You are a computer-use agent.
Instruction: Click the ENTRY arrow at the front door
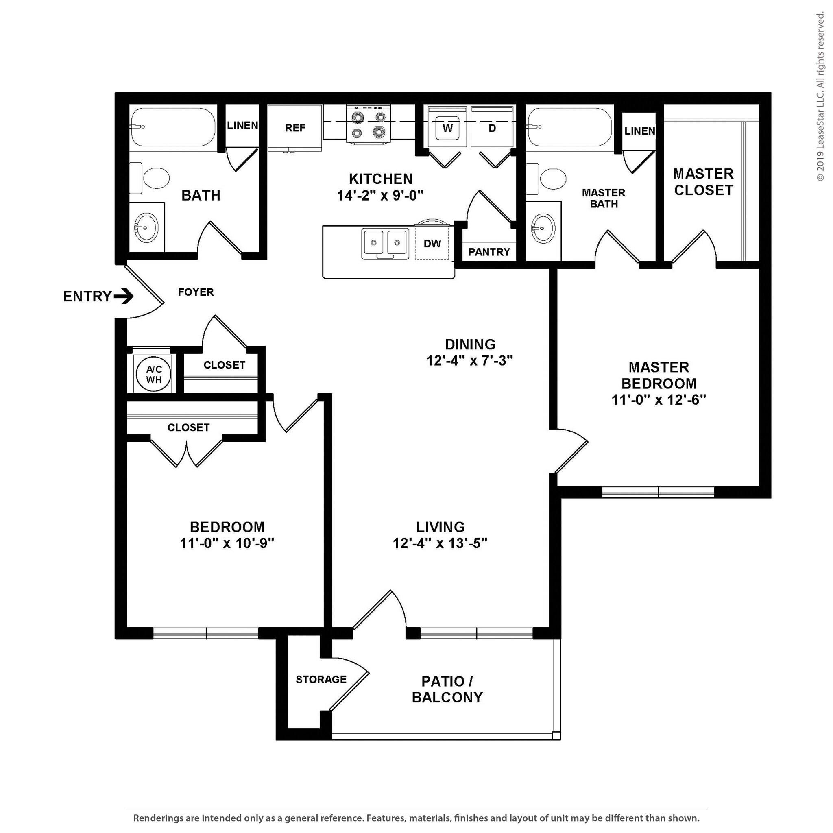pos(124,297)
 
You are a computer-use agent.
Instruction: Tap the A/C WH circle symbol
pos(154,374)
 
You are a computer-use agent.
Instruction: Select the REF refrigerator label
pos(295,128)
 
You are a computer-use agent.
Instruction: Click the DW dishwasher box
pos(432,244)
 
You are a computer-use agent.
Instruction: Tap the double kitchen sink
pos(386,244)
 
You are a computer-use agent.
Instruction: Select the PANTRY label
pos(489,252)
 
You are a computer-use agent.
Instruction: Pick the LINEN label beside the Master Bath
pos(639,131)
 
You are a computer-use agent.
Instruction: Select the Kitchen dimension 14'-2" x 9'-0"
pos(380,196)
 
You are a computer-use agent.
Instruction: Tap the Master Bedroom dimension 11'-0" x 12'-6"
pos(659,400)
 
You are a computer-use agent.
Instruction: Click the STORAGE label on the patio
pos(321,680)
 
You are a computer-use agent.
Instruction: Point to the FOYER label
pos(196,292)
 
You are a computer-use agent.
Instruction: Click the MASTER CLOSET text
pos(703,182)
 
